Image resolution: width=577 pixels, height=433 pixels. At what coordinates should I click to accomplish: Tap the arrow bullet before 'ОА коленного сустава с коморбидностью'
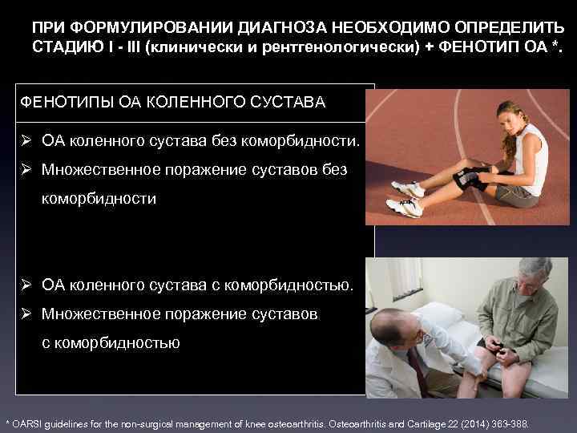27,285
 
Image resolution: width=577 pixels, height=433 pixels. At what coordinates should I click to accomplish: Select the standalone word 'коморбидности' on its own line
99,199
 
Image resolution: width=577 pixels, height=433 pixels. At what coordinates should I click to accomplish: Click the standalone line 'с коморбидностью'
111,342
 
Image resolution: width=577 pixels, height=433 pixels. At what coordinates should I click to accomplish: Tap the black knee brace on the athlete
469,176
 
